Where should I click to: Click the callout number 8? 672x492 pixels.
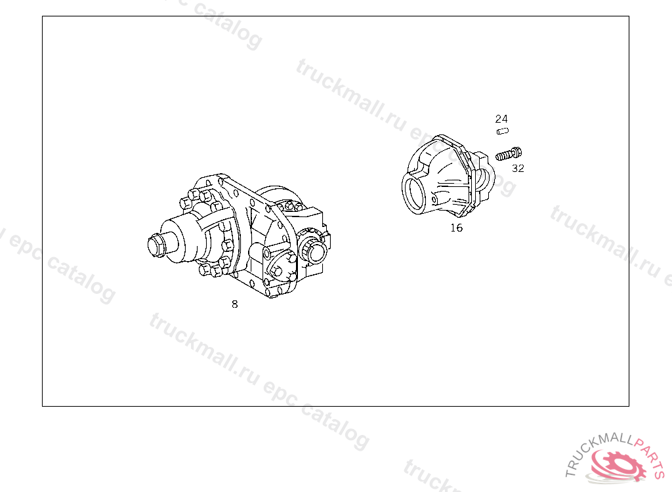[x=234, y=304]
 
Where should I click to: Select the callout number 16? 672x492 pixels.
[x=457, y=228]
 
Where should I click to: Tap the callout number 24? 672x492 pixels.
[x=501, y=118]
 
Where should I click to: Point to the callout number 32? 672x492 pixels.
[x=518, y=168]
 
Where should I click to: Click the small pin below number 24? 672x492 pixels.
[x=502, y=131]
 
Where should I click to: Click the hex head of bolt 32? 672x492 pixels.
[x=517, y=152]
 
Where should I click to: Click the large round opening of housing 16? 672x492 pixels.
[x=415, y=194]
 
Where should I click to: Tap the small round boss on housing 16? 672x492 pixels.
[x=434, y=200]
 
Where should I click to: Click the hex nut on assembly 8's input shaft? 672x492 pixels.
[x=155, y=246]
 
